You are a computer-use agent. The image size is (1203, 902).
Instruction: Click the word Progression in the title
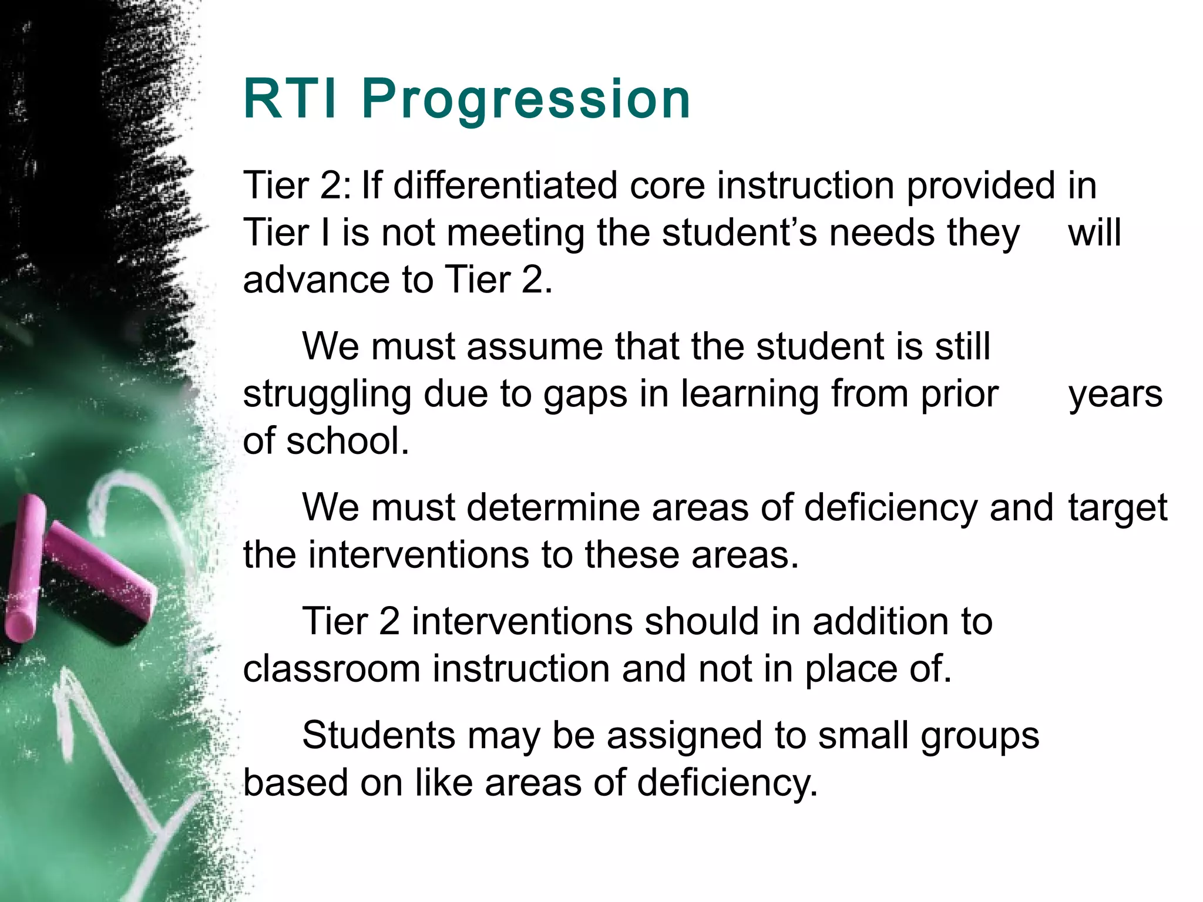point(526,100)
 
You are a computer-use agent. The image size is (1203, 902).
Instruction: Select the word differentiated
point(505,186)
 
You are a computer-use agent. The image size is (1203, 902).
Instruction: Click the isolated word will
point(1094,233)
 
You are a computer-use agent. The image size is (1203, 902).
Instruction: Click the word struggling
point(327,395)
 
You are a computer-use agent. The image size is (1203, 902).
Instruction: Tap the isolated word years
point(1115,395)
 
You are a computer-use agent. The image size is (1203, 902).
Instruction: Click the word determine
point(553,507)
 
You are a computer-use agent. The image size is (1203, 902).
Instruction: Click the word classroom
point(331,669)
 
